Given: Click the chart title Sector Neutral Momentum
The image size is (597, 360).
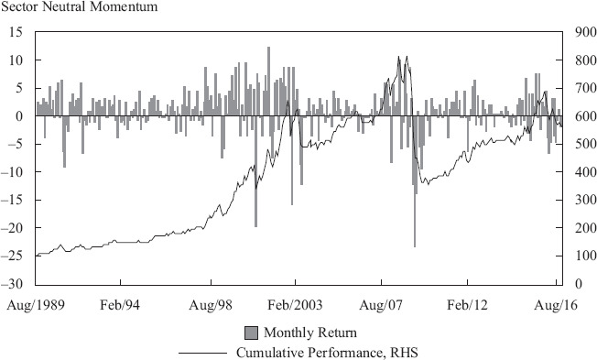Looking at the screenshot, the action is [x=79, y=6].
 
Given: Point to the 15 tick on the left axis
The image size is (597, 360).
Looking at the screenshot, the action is [x=16, y=32].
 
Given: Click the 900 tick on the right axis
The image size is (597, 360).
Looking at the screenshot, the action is [x=585, y=32].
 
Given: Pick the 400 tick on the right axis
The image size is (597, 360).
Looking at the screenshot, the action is [x=585, y=172].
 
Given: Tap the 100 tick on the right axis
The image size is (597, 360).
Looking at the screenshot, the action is [x=585, y=256].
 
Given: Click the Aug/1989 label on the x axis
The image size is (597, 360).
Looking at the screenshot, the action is [x=36, y=305].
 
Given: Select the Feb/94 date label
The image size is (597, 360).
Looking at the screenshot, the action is [x=120, y=305].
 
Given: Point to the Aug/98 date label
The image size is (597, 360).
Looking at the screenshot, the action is [x=211, y=305].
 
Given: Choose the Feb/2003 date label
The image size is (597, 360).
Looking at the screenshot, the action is [x=295, y=305].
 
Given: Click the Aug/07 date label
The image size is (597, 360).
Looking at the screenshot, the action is [x=381, y=305].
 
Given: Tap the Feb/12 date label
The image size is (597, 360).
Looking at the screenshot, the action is [x=467, y=305].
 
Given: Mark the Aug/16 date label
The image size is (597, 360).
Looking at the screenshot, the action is [x=556, y=305].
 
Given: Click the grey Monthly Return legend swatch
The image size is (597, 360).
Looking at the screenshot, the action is [x=251, y=333].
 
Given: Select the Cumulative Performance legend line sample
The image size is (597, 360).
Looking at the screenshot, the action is [x=202, y=353].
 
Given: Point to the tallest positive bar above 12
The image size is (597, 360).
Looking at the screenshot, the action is [x=268, y=82].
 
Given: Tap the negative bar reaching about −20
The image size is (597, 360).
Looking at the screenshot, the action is [x=255, y=171].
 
